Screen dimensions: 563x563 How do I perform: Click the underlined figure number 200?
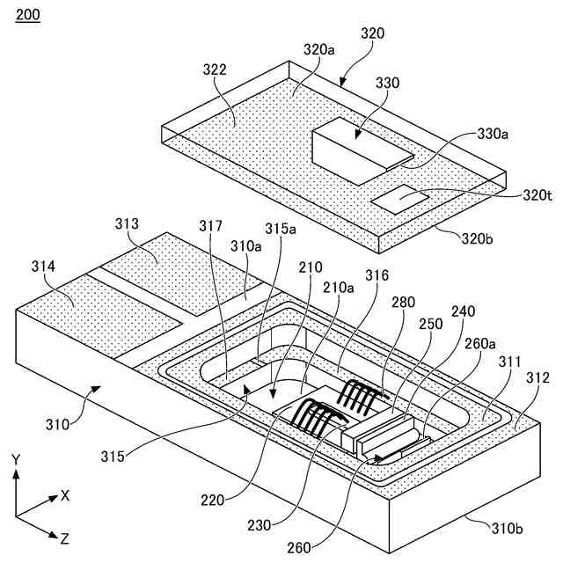coord(27,17)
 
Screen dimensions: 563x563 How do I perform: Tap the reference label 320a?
coord(319,50)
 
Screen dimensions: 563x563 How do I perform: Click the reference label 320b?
coord(479,237)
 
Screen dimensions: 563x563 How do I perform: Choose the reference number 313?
coord(128,224)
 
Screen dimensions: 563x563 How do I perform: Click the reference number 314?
coord(42,266)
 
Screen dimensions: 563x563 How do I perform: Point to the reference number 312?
coord(537,378)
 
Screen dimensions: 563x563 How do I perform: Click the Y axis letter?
coord(16,459)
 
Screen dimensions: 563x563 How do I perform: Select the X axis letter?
coord(65,495)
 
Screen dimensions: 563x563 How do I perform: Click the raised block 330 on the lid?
coord(356,150)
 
